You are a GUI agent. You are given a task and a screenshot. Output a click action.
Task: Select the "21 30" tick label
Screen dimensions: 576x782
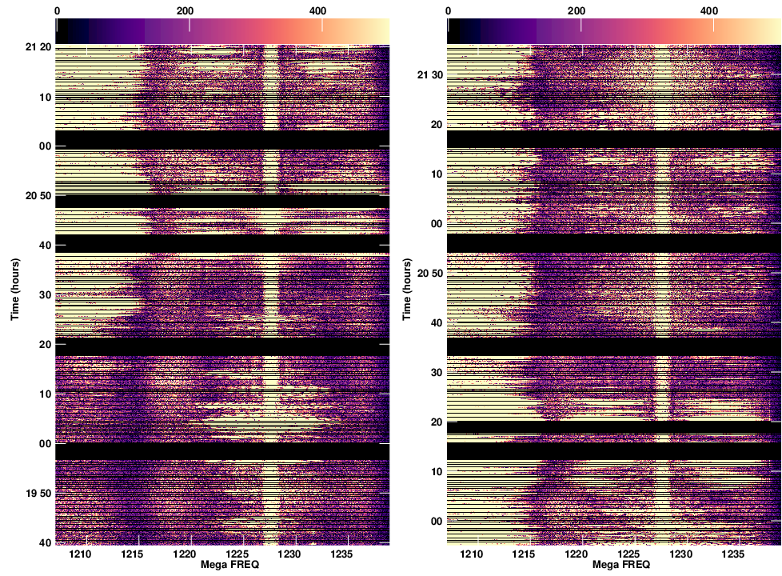coord(430,75)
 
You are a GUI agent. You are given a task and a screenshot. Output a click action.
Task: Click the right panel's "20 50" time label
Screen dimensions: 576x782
coord(430,274)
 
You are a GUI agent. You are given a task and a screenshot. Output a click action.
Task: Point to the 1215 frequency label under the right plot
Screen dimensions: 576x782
coord(523,554)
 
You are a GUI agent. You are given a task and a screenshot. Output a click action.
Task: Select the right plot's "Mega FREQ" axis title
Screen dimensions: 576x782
coord(613,565)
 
